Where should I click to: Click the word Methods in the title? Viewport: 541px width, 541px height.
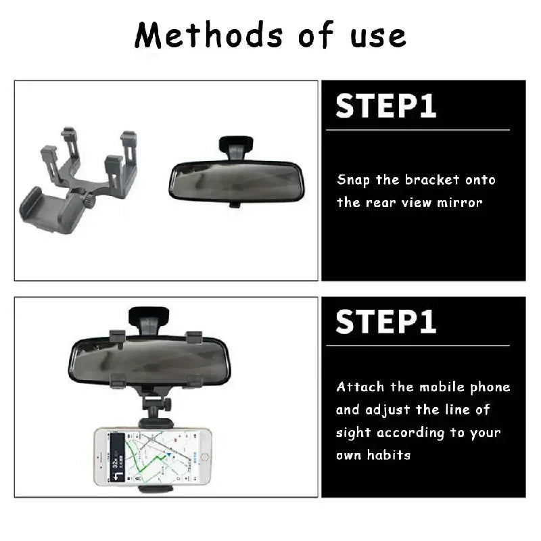point(193,35)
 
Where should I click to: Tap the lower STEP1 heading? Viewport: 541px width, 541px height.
point(386,322)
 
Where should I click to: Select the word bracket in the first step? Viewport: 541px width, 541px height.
point(432,180)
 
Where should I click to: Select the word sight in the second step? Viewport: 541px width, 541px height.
point(352,433)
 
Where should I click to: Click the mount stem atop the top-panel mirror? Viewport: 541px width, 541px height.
point(236,145)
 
